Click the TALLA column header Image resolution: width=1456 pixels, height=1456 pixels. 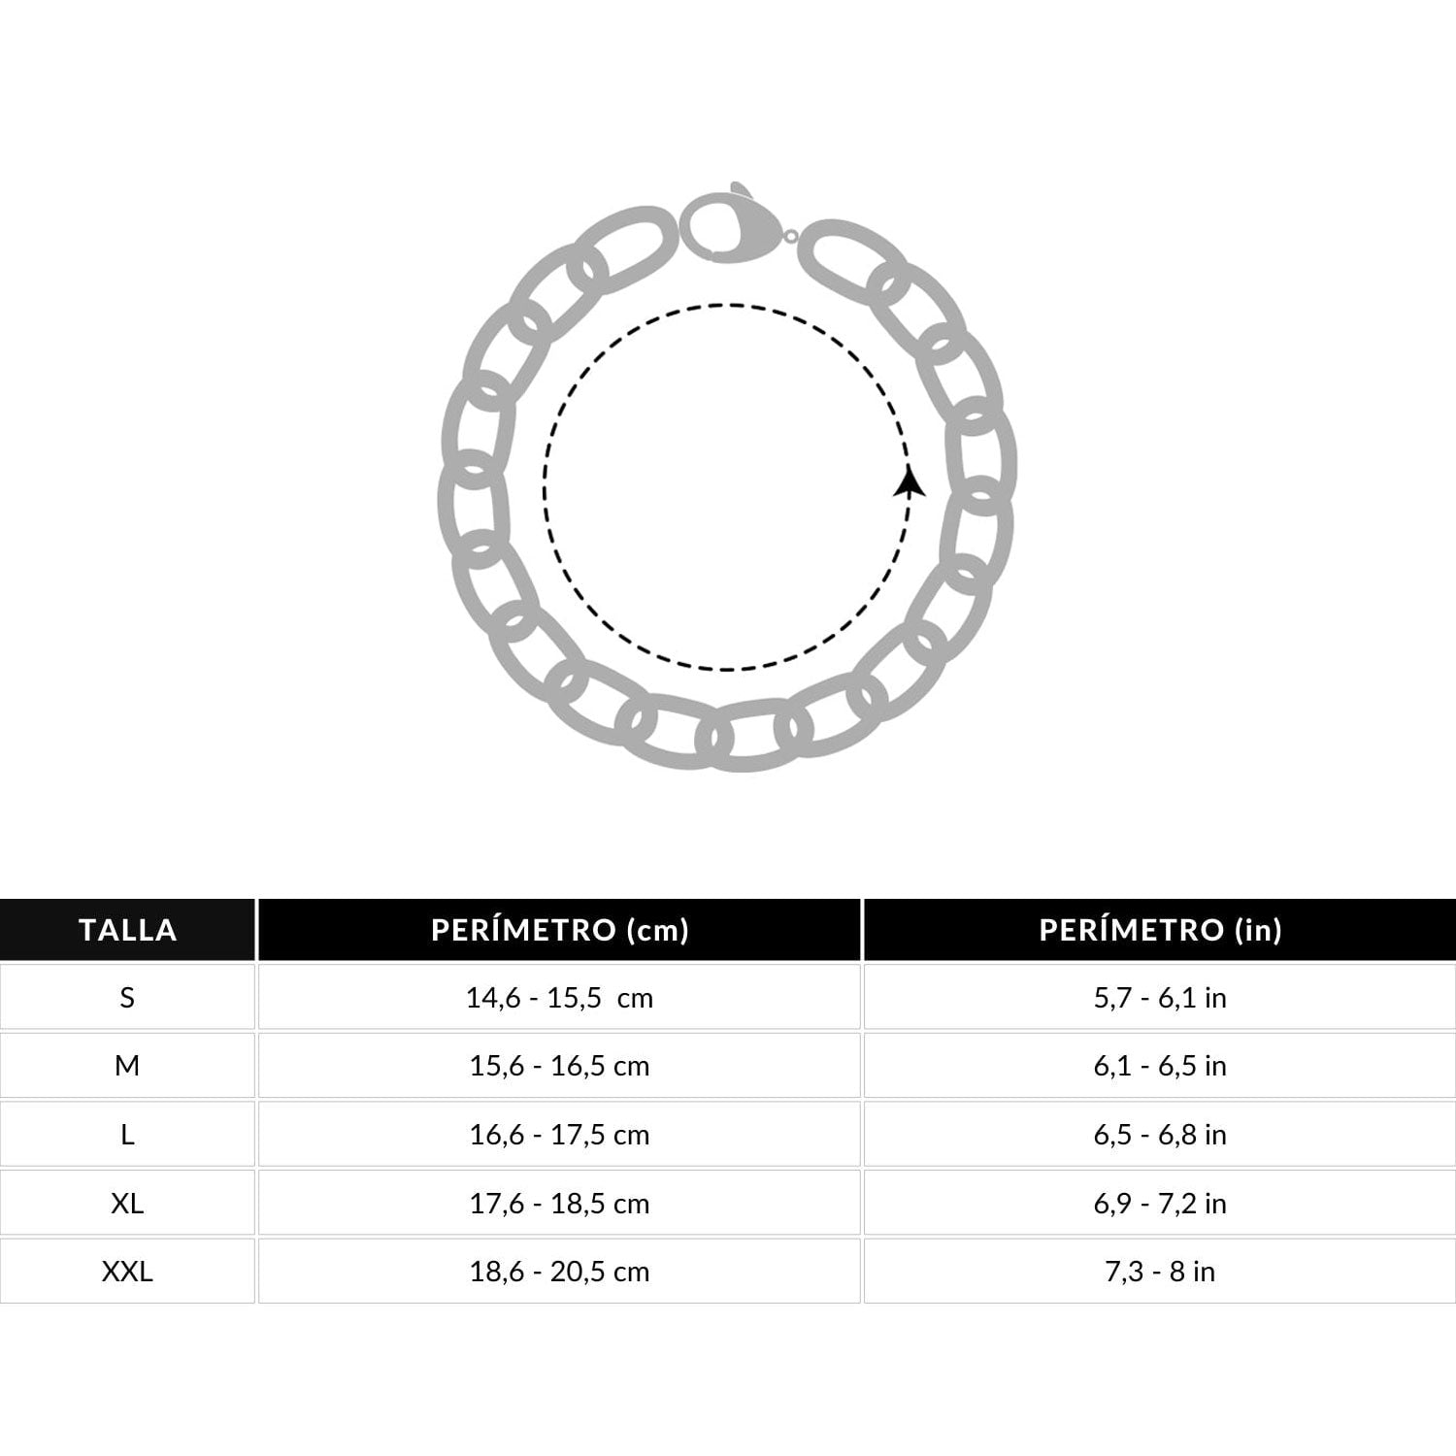pos(128,930)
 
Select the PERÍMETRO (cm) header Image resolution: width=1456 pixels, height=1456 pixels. pos(560,930)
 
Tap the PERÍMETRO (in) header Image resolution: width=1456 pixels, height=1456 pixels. pos(1160,930)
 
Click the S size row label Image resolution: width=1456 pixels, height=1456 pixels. pos(127,998)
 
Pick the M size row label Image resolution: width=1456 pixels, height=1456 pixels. pos(127,1066)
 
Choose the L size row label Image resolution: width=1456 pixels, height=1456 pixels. pos(127,1135)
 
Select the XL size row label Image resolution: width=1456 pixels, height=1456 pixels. pos(127,1204)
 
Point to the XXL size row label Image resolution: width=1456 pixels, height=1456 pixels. pos(127,1272)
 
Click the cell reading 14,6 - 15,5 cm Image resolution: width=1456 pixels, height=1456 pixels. pos(560,998)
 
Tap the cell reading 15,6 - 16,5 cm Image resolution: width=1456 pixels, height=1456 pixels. pos(560,1066)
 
